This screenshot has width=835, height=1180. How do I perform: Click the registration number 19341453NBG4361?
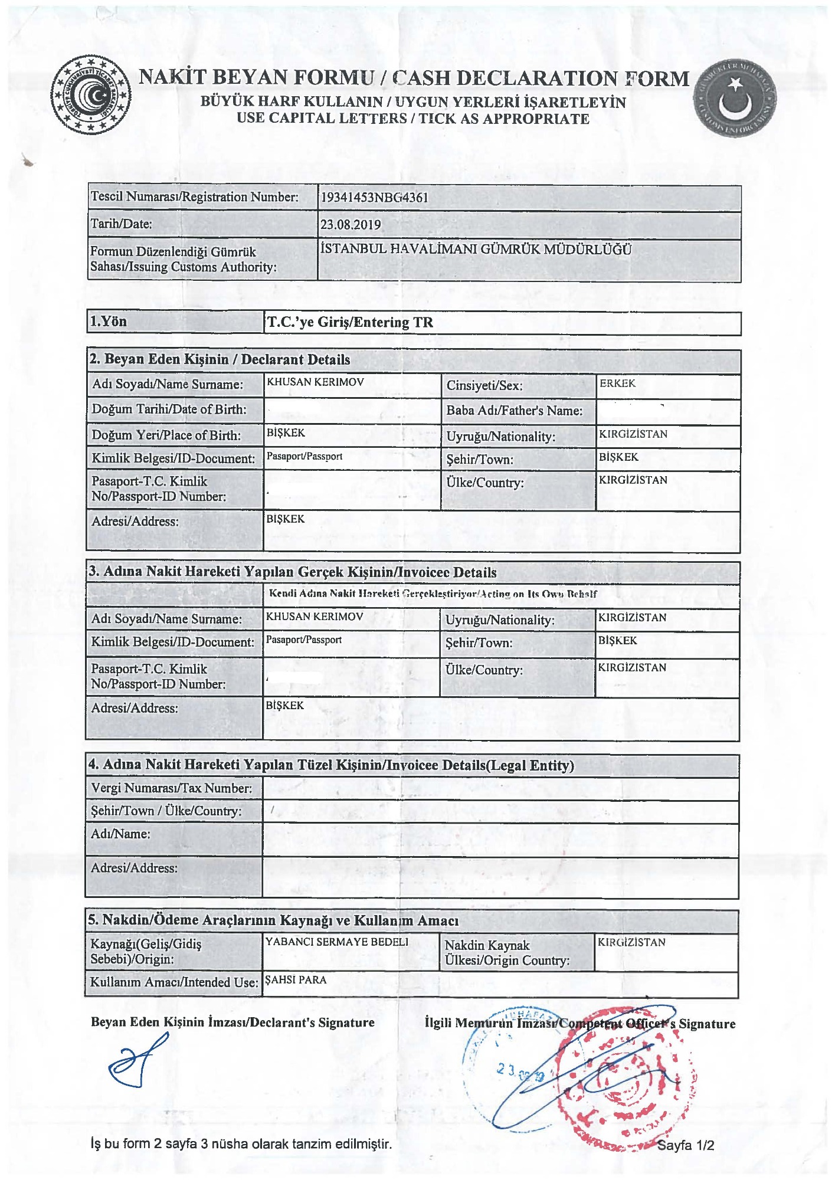tap(374, 198)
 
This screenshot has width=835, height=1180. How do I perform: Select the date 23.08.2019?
tap(351, 225)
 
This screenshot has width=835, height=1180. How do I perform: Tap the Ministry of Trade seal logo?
tap(90, 95)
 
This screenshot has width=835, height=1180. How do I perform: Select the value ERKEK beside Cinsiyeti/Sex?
tap(617, 383)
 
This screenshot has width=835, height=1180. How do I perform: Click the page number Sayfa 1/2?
tap(685, 1146)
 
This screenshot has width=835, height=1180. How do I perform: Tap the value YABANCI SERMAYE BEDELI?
tap(336, 942)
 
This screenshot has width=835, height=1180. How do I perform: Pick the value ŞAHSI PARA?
tap(296, 980)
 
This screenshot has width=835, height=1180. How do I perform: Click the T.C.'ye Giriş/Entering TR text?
tap(350, 322)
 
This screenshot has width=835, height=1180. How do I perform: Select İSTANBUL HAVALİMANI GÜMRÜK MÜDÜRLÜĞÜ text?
tap(476, 249)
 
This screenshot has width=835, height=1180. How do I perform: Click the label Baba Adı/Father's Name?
tap(514, 411)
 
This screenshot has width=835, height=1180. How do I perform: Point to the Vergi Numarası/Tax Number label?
tap(171, 788)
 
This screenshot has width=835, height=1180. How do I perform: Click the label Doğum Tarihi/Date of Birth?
tap(169, 409)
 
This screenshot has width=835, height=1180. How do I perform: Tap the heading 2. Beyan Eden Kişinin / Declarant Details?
tap(219, 360)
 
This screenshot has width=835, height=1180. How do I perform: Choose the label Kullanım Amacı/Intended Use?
tap(173, 982)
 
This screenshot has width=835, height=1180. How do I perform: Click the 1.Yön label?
tap(108, 322)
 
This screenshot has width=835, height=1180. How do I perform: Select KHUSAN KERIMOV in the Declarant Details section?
tap(315, 382)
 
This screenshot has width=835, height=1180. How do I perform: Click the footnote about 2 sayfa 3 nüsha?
tap(241, 1144)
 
